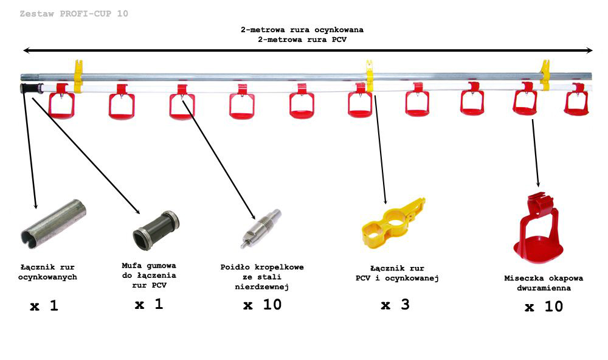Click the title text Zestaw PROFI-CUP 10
tap(74, 13)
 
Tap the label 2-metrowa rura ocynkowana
tap(302, 29)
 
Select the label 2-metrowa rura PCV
tap(302, 39)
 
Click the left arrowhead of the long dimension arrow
tap(26, 50)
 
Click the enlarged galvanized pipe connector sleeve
tap(53, 224)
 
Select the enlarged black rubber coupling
tap(156, 231)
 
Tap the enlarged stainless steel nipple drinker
tap(261, 229)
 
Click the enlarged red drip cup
tap(538, 229)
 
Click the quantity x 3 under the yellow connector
tap(395, 305)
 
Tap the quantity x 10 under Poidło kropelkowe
tap(263, 305)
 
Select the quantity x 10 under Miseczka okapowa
tap(544, 307)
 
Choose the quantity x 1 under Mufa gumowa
tap(149, 304)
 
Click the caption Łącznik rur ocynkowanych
tap(47, 272)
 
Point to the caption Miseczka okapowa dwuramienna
tap(544, 283)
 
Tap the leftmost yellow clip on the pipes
tap(78, 77)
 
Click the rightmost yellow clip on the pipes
tap(545, 75)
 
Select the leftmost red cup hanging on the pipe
tap(61, 101)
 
